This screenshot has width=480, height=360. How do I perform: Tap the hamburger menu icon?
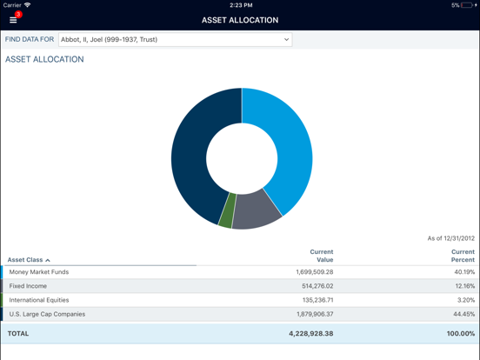13,20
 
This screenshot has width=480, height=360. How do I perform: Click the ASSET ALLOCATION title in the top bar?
240,20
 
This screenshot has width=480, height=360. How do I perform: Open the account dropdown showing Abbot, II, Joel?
174,39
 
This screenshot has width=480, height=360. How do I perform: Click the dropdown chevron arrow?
286,39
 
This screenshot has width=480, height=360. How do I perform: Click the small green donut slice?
227,211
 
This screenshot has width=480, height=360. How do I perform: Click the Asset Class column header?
29,260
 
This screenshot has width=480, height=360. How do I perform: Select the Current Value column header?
321,256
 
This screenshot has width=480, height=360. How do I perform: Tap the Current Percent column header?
463,256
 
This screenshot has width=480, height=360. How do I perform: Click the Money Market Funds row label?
39,272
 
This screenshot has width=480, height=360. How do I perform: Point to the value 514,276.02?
314,286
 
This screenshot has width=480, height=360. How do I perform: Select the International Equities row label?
39,300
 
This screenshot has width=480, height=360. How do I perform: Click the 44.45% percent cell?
463,314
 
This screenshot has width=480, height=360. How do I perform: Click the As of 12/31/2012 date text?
450,238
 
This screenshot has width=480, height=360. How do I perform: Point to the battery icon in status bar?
467,5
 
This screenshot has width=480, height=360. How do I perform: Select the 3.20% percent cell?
465,300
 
